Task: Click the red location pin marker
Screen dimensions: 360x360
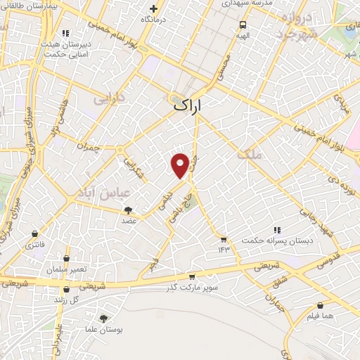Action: [181, 165]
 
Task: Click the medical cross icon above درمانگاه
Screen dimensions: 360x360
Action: [153, 9]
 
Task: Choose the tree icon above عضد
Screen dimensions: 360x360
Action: [129, 210]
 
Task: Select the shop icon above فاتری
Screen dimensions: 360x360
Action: [34, 234]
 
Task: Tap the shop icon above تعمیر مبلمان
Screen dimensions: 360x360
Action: [67, 258]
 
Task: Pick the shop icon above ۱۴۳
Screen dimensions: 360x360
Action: [224, 239]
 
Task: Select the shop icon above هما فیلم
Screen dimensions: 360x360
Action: [321, 306]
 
